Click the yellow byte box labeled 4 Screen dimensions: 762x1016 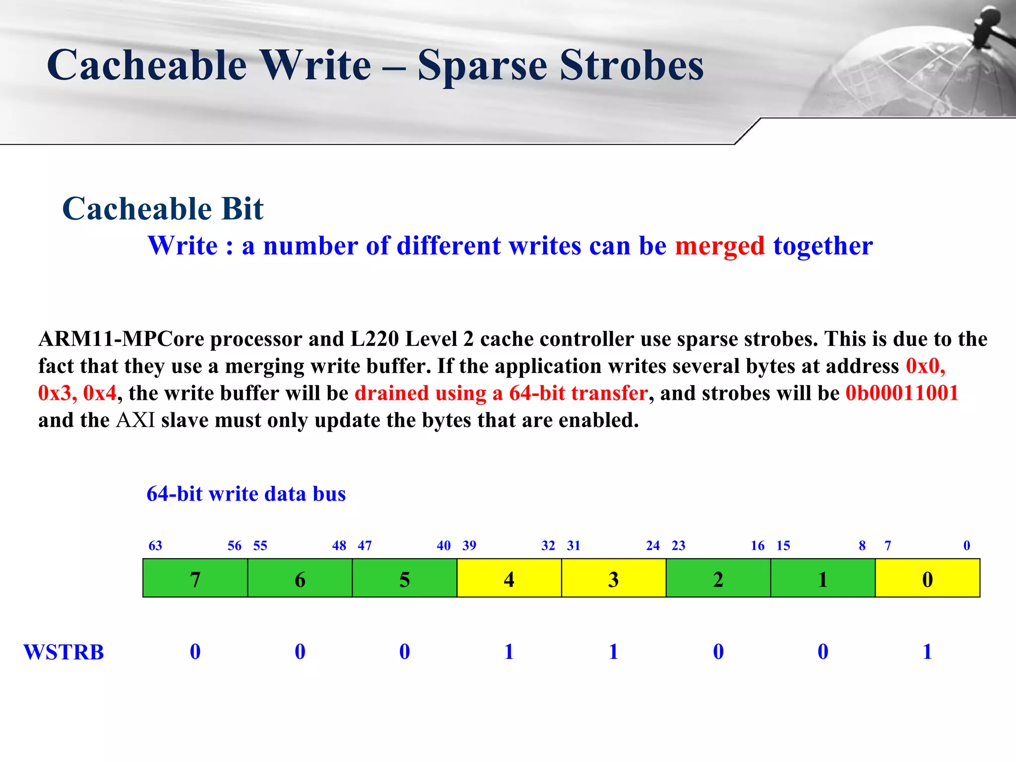(509, 578)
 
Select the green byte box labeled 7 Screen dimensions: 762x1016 (195, 578)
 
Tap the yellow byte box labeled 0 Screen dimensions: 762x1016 (927, 578)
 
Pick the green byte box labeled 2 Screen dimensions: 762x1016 (718, 578)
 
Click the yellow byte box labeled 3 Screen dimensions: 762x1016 (613, 578)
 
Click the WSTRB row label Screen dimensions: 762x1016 (63, 652)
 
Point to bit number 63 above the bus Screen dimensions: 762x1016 (155, 546)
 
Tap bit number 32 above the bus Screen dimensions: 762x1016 (548, 546)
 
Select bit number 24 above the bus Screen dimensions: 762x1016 (652, 546)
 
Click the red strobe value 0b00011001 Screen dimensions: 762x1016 (901, 393)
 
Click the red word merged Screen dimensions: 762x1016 (719, 246)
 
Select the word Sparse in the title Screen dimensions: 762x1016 (482, 65)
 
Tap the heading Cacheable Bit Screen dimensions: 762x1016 (163, 208)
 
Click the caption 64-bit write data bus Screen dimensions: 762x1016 (246, 494)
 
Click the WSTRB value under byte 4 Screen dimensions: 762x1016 (509, 651)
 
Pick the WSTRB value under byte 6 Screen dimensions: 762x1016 (300, 651)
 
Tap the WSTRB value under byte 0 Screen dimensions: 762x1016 (927, 651)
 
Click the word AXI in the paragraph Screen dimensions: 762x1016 (135, 420)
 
